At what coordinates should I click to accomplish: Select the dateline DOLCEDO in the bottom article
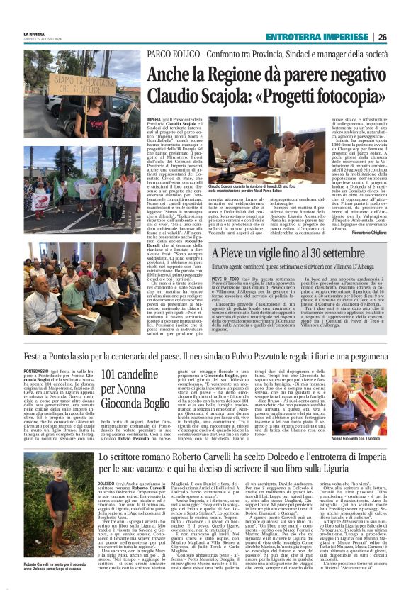[x=110, y=485]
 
